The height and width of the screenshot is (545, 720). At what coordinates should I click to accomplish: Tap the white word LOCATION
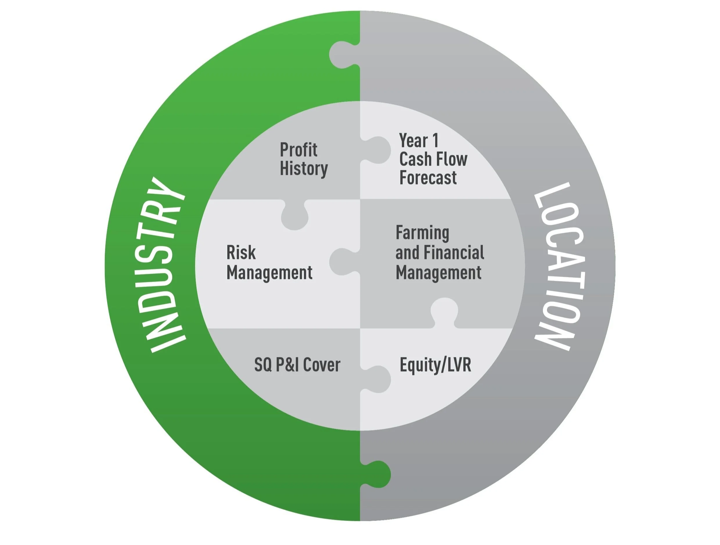[x=559, y=267]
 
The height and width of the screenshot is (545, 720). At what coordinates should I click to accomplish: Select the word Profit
[x=298, y=150]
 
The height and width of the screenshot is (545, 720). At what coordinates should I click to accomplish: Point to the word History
[x=304, y=169]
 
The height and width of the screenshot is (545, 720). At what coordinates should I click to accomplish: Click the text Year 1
[x=419, y=141]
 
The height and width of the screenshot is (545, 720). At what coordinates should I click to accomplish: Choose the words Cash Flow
[x=433, y=159]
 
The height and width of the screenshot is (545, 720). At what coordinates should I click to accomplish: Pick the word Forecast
[x=428, y=178]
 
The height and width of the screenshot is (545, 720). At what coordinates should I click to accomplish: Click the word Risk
[x=241, y=253]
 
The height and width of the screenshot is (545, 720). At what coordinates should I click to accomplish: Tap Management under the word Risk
[x=269, y=273]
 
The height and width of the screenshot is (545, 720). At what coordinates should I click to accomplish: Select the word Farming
[x=422, y=233]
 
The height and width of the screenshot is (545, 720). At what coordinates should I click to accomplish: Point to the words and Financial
[x=440, y=253]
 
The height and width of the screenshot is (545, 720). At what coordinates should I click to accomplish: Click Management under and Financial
[x=438, y=273]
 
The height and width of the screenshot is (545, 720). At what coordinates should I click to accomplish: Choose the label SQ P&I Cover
[x=297, y=365]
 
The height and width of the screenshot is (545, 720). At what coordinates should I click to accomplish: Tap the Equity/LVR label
[x=435, y=365]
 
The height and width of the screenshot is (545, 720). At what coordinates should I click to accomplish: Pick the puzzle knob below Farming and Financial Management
[x=444, y=311]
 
